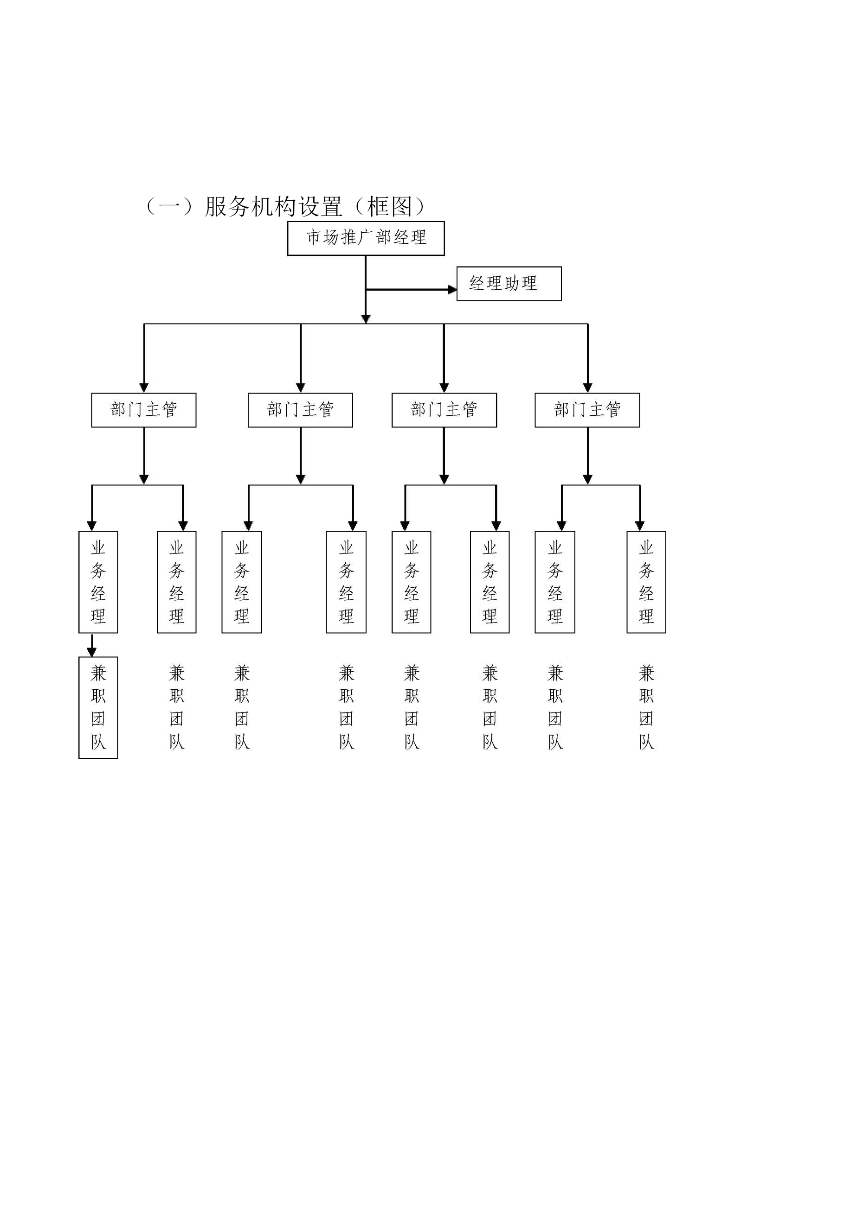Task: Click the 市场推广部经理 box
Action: [x=366, y=238]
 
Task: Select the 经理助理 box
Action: [x=509, y=284]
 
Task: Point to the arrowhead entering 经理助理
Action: [x=452, y=290]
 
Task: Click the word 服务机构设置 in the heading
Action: [x=273, y=207]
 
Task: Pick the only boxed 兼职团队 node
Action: [x=98, y=707]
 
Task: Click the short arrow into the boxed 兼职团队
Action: [x=92, y=645]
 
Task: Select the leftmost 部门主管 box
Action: [x=143, y=410]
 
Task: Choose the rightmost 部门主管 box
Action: [x=587, y=410]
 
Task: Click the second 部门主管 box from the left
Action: [x=301, y=410]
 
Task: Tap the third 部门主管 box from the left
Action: [x=444, y=410]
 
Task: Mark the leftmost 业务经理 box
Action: [x=98, y=582]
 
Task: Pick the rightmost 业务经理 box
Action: [x=646, y=582]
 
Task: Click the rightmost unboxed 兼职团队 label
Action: [x=647, y=707]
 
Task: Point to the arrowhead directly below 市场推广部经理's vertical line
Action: [x=366, y=319]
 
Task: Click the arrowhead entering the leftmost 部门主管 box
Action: [x=144, y=388]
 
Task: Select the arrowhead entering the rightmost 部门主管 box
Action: [x=587, y=388]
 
